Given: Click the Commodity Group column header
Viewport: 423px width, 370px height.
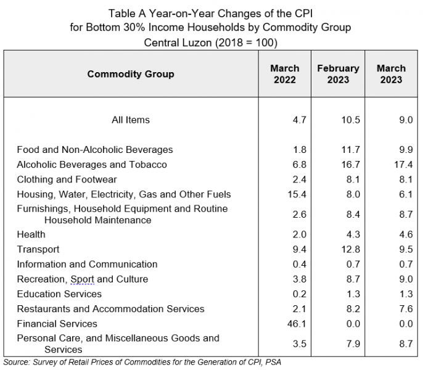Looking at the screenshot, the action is click(131, 74).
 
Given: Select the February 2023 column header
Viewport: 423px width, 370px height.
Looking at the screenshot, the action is click(338, 74).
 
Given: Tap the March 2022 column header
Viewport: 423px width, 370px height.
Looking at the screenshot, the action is click(285, 74).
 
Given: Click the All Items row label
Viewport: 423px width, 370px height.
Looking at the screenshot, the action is click(131, 120).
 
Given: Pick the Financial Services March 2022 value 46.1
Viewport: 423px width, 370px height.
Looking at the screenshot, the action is click(297, 324).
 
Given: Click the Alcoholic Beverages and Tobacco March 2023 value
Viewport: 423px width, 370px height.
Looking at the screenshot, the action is click(403, 165).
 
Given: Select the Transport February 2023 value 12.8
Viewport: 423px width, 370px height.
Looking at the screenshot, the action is click(350, 249).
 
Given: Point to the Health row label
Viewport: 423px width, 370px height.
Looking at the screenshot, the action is click(31, 234).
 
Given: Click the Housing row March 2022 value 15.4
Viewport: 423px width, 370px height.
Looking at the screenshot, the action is click(297, 194).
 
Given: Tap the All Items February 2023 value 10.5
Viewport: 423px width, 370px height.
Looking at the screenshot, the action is click(350, 120).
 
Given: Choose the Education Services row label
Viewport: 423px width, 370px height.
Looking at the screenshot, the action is click(59, 294).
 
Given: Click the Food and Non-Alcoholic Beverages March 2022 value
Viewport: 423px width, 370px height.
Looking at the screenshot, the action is click(300, 149).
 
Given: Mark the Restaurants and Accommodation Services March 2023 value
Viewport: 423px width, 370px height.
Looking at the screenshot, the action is click(406, 309).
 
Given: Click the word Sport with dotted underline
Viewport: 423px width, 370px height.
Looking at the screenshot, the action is click(82, 279).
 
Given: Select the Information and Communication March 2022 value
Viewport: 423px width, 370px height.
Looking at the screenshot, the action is click(300, 264).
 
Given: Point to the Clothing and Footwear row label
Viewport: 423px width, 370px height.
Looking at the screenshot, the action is click(67, 179).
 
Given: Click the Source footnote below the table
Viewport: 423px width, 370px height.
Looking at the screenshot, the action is click(142, 362).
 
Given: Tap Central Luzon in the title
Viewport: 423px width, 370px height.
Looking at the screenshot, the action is click(178, 43).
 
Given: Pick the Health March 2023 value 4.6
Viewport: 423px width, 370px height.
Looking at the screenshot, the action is click(406, 234).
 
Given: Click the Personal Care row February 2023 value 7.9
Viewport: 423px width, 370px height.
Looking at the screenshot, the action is click(353, 344).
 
